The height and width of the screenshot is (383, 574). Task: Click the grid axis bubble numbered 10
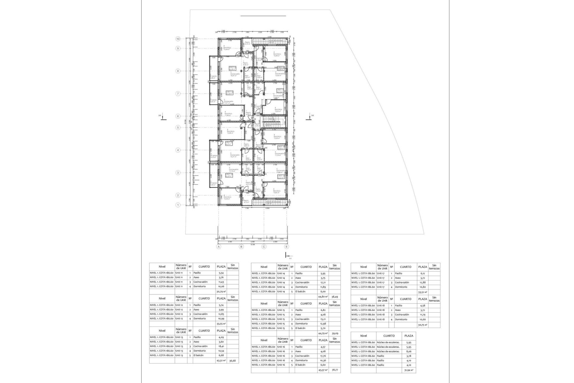point(178,39)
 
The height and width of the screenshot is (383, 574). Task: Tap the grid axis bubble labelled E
point(286,247)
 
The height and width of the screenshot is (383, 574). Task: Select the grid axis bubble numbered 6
point(178,116)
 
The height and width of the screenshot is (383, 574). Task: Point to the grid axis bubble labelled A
point(219,247)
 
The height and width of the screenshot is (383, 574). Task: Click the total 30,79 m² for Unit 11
point(221,291)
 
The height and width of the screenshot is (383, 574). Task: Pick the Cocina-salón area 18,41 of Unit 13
point(221,346)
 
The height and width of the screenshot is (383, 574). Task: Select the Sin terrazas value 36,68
point(233,361)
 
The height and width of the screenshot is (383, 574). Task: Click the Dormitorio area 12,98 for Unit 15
point(323,323)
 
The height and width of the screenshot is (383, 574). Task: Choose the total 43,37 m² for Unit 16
point(323,370)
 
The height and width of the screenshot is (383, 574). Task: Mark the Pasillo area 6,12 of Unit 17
point(422,273)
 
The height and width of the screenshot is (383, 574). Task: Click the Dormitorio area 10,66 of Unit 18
point(422,319)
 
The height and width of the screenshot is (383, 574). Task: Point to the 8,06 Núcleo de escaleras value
point(409,351)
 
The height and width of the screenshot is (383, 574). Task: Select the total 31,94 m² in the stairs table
point(409,370)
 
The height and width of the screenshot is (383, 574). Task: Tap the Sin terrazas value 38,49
point(335,297)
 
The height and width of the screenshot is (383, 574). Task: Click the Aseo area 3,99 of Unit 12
point(221,309)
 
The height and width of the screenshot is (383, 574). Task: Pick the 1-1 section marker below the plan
point(287,256)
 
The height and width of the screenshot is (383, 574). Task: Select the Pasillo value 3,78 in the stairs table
point(409,356)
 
